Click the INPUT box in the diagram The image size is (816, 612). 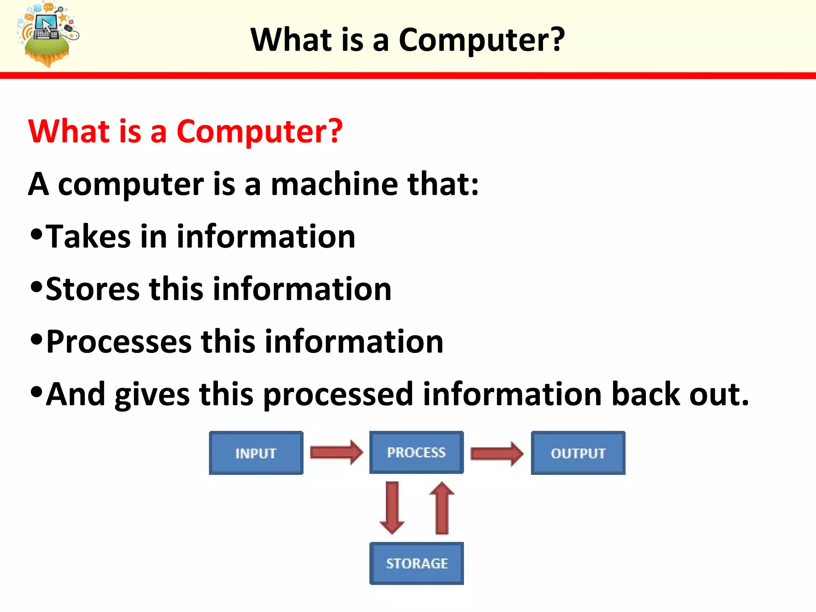tap(256, 453)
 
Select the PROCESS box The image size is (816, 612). tap(416, 452)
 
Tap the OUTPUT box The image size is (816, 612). tap(578, 453)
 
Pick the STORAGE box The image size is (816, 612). tap(416, 563)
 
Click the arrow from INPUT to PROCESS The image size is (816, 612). tap(336, 453)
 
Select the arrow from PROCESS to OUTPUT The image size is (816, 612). tap(496, 453)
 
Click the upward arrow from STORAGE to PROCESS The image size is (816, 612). tap(442, 508)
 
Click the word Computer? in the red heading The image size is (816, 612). tap(259, 131)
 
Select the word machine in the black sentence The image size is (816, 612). tap(334, 184)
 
